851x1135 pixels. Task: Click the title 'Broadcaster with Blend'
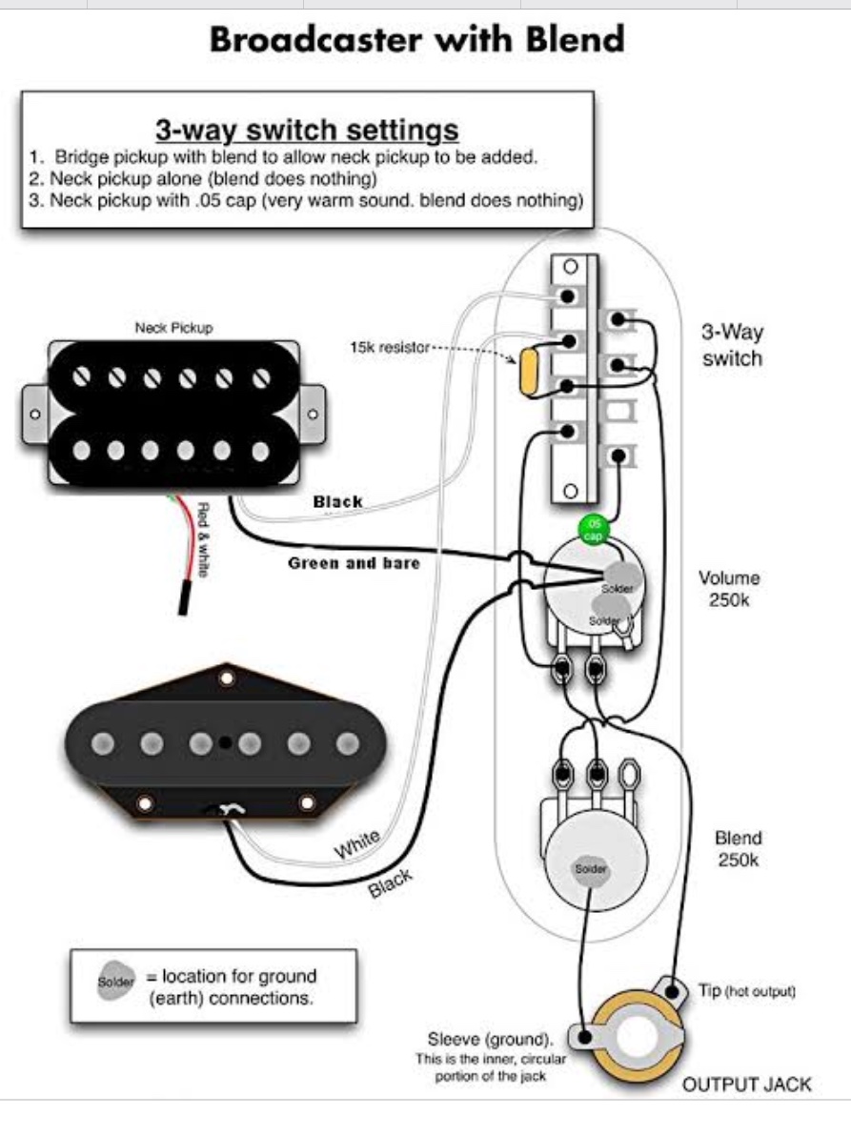pos(416,41)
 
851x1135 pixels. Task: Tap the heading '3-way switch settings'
pos(307,129)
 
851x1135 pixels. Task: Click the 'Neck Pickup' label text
pos(173,327)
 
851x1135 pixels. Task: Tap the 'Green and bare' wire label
pos(353,563)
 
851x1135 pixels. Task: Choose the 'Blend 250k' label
pos(739,848)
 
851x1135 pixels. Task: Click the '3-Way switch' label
pos(732,345)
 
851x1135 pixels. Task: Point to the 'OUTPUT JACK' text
pos(747,1084)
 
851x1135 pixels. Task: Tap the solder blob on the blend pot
pos(589,869)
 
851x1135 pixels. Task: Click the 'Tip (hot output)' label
pos(746,991)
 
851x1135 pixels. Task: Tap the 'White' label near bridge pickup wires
pos(355,843)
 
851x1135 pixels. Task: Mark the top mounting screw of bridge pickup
pos(227,678)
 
